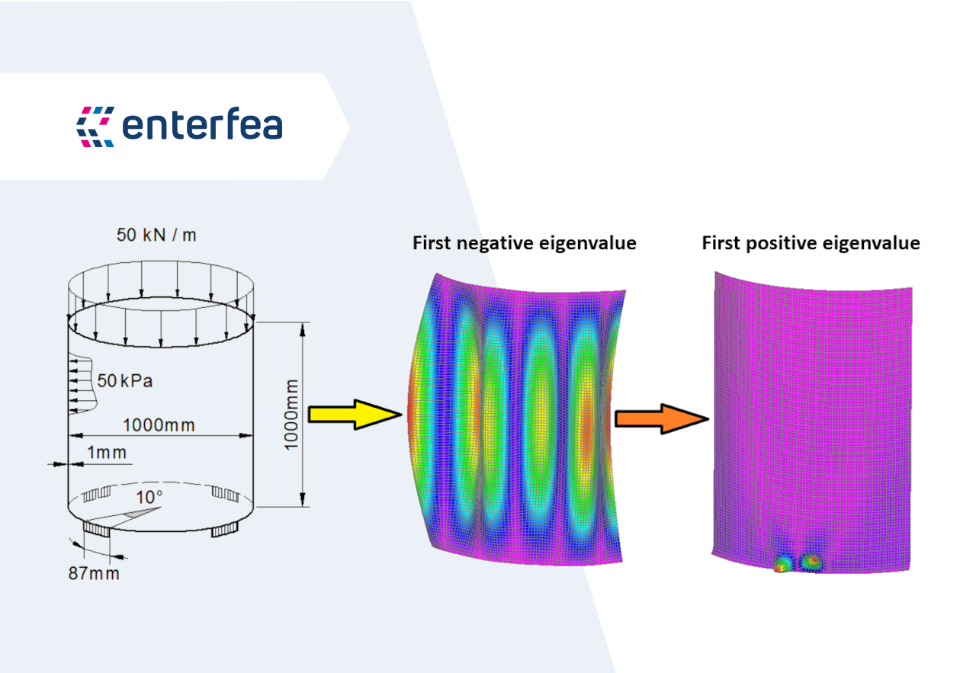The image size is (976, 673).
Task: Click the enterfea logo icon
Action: point(95,127)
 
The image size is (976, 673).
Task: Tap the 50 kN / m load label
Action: point(156,236)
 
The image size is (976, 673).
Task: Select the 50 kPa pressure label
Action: point(124,381)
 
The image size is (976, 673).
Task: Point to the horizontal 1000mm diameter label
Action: point(159,425)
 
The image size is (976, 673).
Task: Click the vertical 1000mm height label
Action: point(291,415)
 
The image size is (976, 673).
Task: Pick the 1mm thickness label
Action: point(107,453)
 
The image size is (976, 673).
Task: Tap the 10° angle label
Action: point(149,497)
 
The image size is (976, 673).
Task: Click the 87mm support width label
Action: point(94,573)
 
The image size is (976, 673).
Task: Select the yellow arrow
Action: point(355,415)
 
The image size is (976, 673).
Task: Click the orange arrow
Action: point(661,419)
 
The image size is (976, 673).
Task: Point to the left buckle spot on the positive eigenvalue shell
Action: point(782,563)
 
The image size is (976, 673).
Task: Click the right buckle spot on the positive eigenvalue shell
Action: point(811,561)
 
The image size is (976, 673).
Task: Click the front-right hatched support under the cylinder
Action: point(225,530)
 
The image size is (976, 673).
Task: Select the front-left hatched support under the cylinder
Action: point(97,529)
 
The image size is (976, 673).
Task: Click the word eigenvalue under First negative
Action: point(588,243)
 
